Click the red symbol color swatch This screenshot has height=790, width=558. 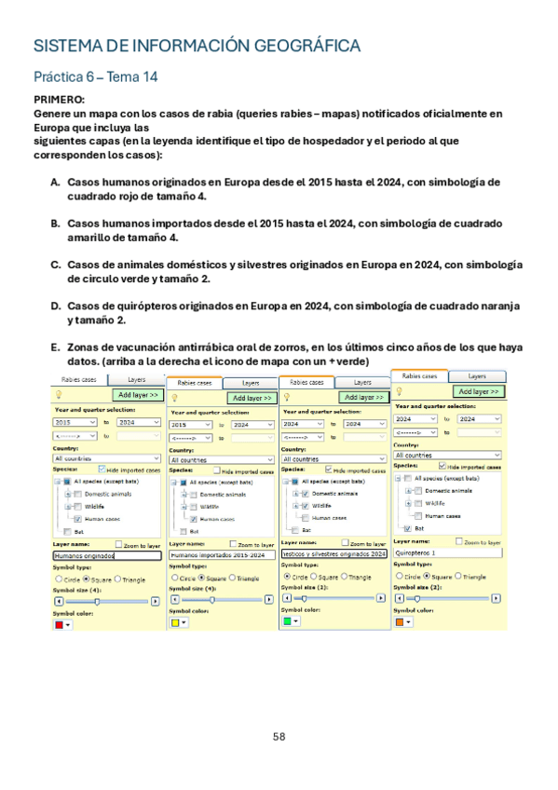pyautogui.click(x=60, y=626)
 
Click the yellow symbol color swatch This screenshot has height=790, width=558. pyautogui.click(x=174, y=622)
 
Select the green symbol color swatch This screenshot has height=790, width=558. pyautogui.click(x=288, y=620)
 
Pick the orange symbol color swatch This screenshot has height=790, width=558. pyautogui.click(x=401, y=621)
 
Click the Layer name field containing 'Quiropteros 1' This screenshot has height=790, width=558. pyautogui.click(x=448, y=552)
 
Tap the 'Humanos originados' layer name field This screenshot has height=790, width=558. pyautogui.click(x=108, y=555)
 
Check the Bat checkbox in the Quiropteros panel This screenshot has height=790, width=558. pyautogui.click(x=408, y=527)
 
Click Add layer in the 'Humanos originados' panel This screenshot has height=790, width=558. pyautogui.click(x=140, y=395)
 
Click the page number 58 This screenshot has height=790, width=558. pyautogui.click(x=279, y=736)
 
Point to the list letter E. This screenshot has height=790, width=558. pyautogui.click(x=55, y=347)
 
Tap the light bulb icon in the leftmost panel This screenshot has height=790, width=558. pyautogui.click(x=61, y=395)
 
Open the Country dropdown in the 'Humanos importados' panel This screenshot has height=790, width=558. pyautogui.click(x=222, y=459)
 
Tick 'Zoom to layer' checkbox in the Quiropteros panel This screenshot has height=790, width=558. pyautogui.click(x=459, y=541)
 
